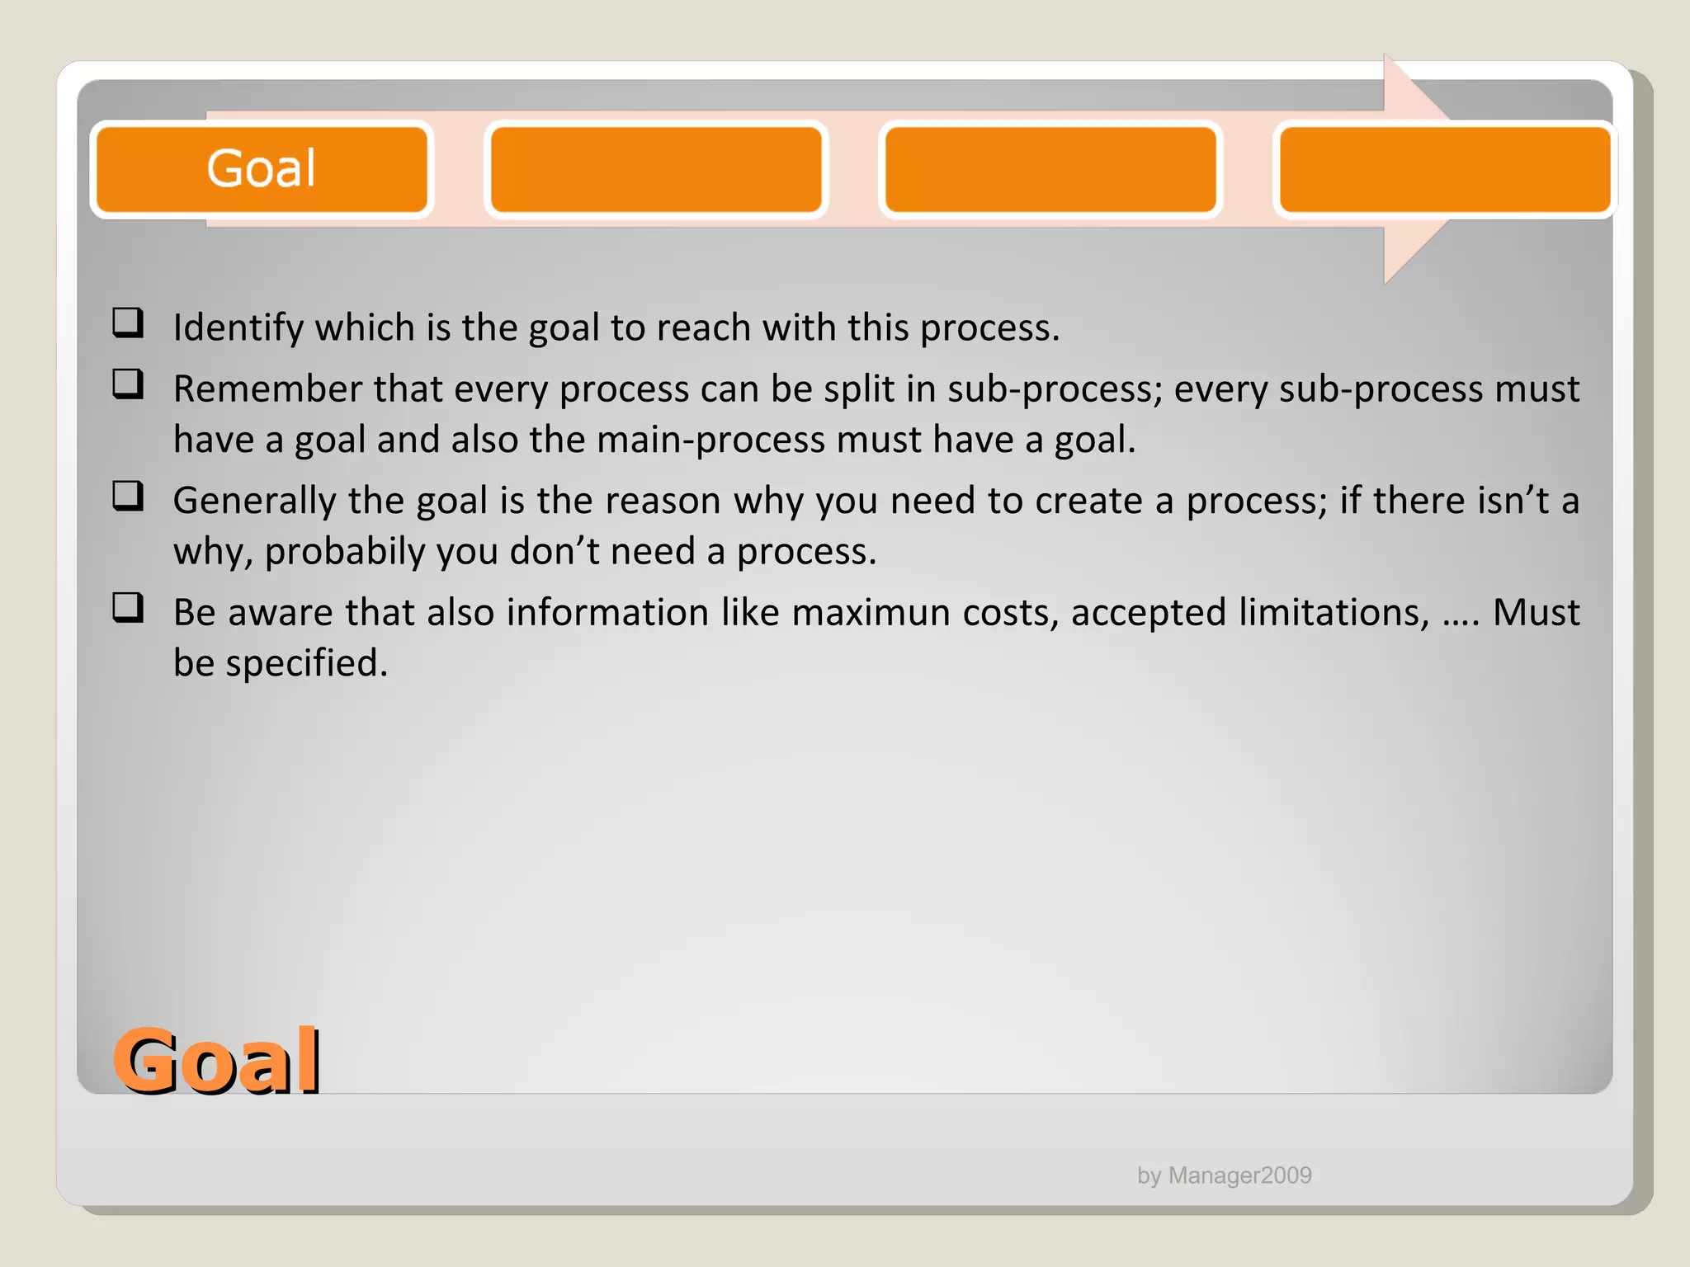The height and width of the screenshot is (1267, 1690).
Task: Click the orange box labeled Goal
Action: point(262,169)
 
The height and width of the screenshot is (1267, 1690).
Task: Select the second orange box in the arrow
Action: point(656,169)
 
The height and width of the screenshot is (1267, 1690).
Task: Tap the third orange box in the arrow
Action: point(1050,169)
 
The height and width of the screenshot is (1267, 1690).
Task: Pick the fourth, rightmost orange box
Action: point(1444,169)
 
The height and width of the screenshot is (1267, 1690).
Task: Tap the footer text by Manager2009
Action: point(1224,1175)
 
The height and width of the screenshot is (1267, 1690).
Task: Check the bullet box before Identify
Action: point(128,323)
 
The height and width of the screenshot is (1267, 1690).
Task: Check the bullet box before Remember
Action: point(128,384)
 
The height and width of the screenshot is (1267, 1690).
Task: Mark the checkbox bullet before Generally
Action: point(128,496)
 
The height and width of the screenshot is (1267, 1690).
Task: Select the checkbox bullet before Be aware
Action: point(128,608)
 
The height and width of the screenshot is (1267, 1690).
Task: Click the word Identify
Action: point(238,328)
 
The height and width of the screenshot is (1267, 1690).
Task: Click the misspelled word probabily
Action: point(344,552)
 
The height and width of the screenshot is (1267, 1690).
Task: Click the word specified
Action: point(306,663)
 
